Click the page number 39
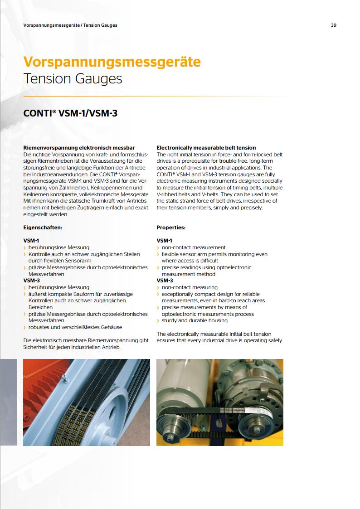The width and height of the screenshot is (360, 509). coord(334,25)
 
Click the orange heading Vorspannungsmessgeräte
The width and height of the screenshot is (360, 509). coord(112,62)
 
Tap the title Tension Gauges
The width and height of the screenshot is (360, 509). coord(73,79)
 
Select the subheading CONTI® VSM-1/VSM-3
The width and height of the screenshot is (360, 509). coord(70,113)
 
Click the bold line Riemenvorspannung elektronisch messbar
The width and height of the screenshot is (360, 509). coord(79,148)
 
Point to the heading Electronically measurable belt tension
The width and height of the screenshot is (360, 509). coord(206,148)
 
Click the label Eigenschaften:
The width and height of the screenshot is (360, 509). coord(43,228)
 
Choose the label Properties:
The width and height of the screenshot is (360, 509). coord(171,228)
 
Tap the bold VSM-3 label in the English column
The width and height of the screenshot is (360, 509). coord(165,281)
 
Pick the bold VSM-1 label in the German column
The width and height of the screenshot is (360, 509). coord(31,241)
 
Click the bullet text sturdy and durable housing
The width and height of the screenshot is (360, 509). coord(195,320)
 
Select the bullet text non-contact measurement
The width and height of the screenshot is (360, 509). coord(194,247)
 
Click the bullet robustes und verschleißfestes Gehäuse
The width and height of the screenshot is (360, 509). coord(75,327)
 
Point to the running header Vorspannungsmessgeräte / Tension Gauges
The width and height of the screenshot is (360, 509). coord(70,25)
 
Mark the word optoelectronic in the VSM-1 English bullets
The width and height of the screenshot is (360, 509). coord(234,267)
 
